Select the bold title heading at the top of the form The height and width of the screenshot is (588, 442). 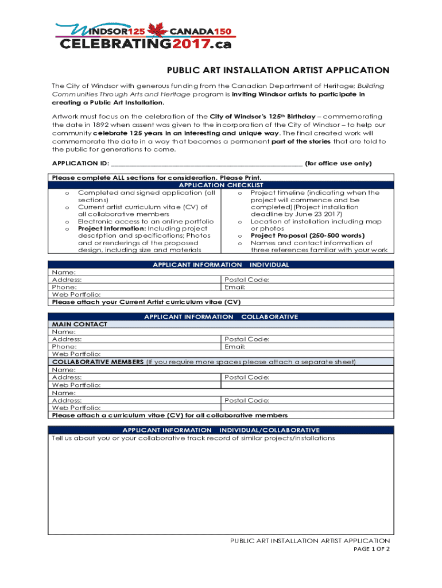pos(278,71)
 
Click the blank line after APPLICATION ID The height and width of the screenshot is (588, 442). pos(207,163)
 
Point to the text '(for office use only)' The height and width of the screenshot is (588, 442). pos(338,164)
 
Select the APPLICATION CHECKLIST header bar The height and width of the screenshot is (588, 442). pos(221,185)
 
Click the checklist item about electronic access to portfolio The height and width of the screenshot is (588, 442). pos(145,221)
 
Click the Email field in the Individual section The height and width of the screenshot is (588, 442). pos(235,287)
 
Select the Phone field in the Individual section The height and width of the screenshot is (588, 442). pos(64,287)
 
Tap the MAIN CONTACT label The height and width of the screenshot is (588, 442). pos(79,324)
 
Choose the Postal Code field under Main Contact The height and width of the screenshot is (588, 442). pos(247,339)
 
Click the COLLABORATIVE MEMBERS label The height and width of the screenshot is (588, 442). pos(98,362)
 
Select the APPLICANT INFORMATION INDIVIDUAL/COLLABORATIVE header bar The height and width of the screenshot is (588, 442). pos(221,430)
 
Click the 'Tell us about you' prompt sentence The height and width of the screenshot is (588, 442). pos(193,438)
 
